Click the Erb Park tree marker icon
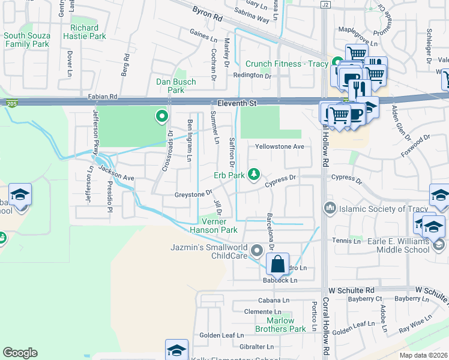point(254,174)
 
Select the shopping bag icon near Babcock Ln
point(278,264)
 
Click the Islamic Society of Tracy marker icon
point(328,208)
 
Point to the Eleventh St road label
point(237,103)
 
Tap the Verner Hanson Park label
point(214,225)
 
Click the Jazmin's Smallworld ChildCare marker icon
point(258,250)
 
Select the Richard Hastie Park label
point(84,32)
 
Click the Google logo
point(20,353)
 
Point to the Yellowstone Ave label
point(279,146)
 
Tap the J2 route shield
point(325,4)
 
